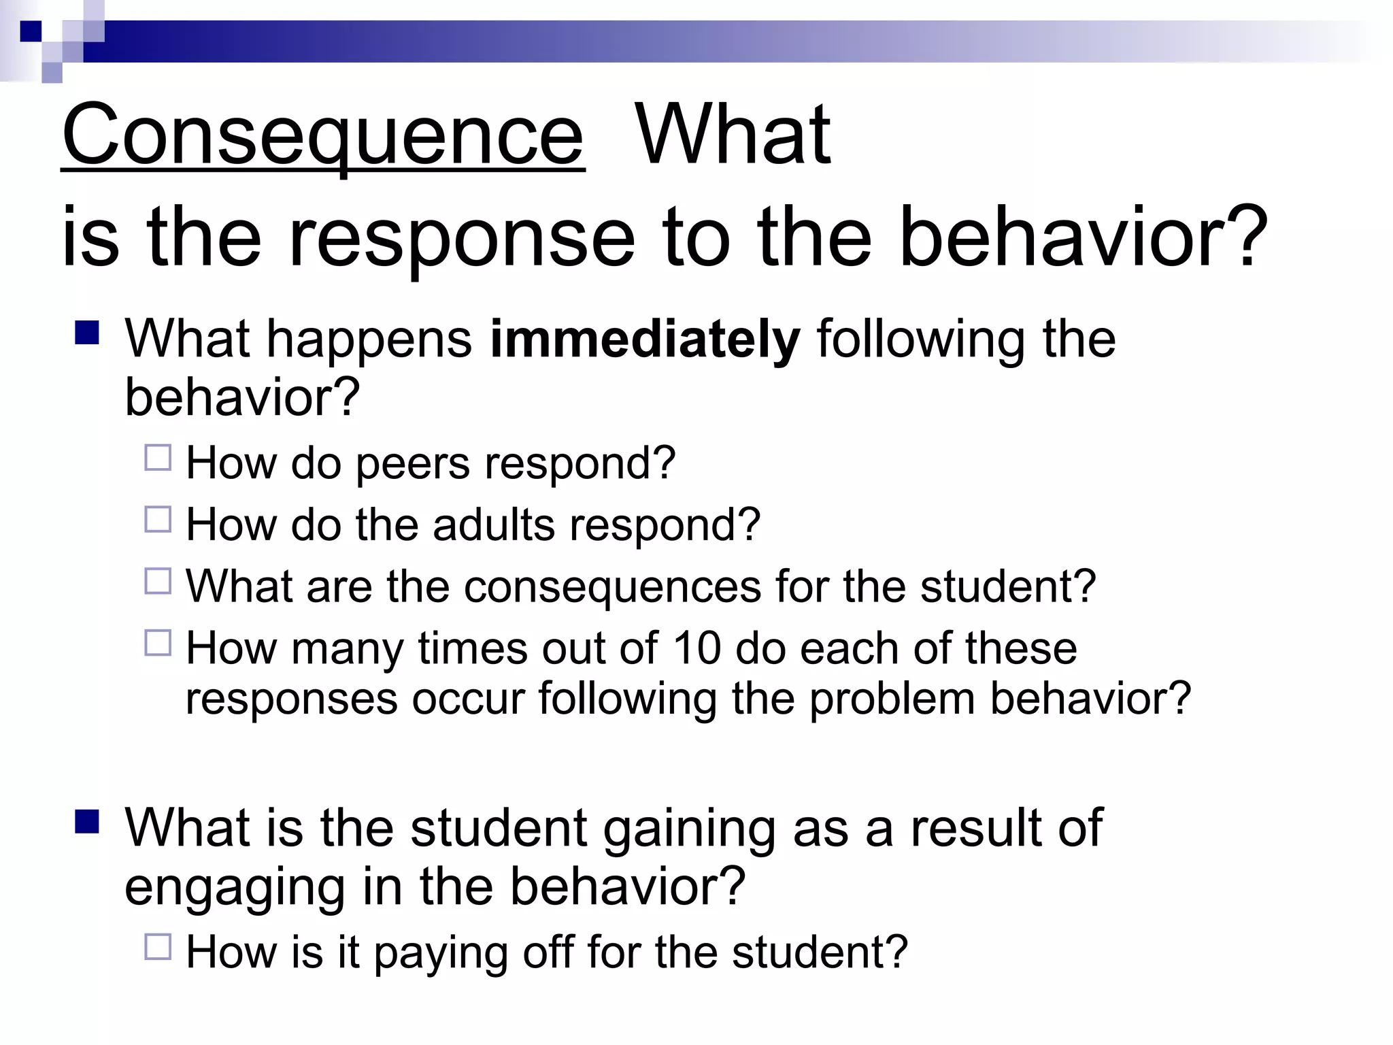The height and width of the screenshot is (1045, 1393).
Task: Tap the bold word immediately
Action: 645,339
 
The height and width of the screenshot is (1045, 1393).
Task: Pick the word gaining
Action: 689,828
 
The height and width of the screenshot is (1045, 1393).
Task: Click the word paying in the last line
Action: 440,952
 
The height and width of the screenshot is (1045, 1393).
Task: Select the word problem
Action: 892,699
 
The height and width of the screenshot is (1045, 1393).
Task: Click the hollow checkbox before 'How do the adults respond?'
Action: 158,520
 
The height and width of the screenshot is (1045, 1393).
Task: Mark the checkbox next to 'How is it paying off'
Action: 158,946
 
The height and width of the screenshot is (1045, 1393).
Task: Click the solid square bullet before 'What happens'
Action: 88,333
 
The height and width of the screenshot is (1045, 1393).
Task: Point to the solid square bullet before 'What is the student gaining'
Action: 88,822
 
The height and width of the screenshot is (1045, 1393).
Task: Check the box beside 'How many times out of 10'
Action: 158,642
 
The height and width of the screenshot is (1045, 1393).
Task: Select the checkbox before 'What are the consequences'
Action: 158,581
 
